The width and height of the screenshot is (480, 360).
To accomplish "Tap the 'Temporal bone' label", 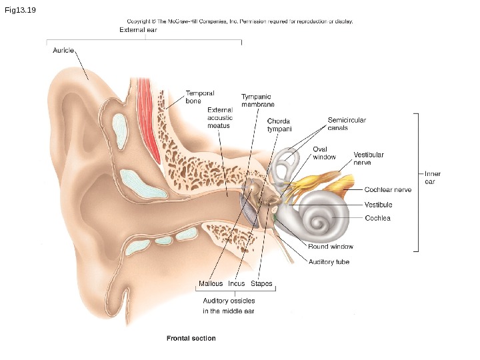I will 199,97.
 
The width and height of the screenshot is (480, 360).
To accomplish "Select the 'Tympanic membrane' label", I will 258,101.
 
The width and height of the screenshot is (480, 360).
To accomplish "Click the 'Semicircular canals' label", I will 347,124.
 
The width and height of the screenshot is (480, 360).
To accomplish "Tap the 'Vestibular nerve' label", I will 369,158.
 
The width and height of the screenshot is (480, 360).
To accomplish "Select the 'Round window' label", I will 331,246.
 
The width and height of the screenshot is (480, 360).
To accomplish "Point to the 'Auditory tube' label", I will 329,262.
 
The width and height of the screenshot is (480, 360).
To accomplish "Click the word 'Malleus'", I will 211,284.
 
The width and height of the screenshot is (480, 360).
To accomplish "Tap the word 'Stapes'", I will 261,284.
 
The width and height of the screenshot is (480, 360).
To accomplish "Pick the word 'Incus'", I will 237,284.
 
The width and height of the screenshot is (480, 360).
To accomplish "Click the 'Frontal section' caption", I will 191,338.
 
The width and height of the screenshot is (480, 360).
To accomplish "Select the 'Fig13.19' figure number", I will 18,10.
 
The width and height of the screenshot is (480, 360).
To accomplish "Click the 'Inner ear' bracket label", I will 433,178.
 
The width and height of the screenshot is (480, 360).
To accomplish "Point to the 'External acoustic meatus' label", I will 220,117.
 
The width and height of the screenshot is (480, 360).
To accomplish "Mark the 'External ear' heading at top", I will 138,30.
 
